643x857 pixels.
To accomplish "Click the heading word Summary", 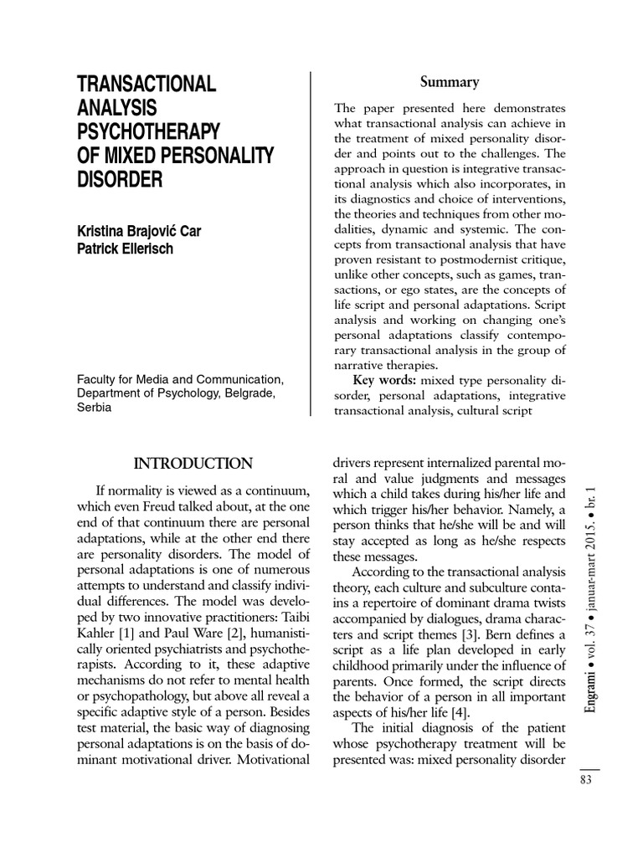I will [450, 82].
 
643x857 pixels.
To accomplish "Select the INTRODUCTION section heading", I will [193, 462].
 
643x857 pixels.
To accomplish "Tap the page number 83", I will [586, 780].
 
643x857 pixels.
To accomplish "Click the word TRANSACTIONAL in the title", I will [147, 84].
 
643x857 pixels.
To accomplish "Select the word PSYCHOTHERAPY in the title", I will [149, 132].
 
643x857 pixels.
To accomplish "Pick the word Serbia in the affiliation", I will [95, 408].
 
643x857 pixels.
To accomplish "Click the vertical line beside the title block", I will [311, 243].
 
